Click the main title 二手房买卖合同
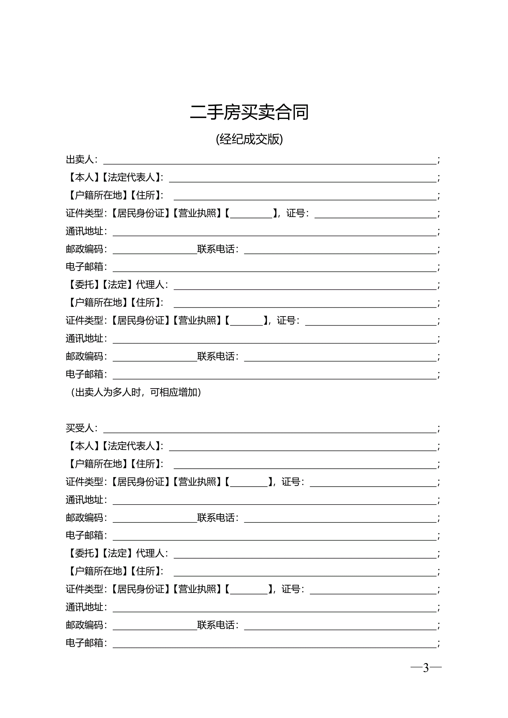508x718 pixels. point(249,113)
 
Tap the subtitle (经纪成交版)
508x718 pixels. point(249,139)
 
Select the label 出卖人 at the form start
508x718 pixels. point(80,159)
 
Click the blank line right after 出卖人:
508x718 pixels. point(270,161)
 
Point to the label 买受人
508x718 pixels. point(80,428)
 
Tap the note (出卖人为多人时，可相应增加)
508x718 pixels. point(136,392)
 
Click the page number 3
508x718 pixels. point(426,668)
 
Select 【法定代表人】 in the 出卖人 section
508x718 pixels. point(131,178)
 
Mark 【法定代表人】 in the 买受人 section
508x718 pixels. point(131,446)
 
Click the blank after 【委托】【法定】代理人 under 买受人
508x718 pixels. point(305,554)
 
